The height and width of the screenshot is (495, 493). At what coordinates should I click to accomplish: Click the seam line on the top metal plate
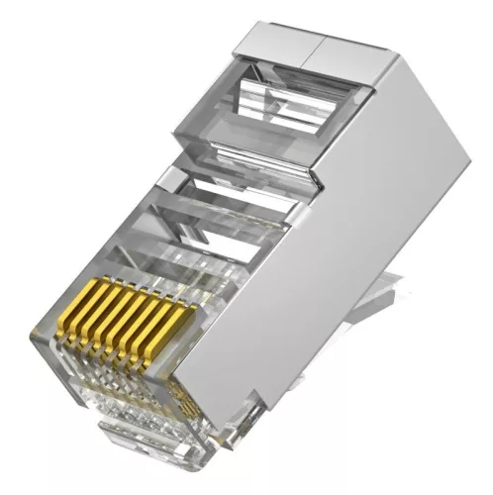pyautogui.click(x=315, y=47)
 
